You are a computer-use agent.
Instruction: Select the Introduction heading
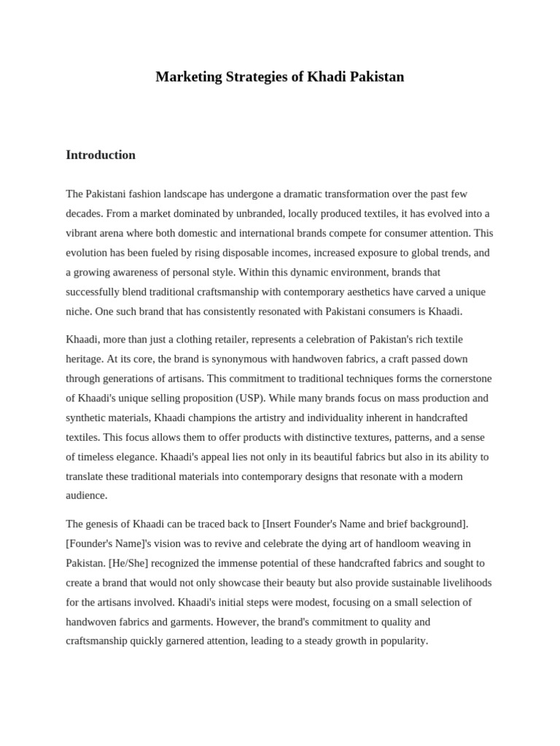coord(101,154)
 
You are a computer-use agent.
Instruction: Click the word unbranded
coord(264,213)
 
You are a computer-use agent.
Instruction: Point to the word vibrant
coord(81,233)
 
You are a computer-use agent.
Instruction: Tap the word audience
coord(87,495)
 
